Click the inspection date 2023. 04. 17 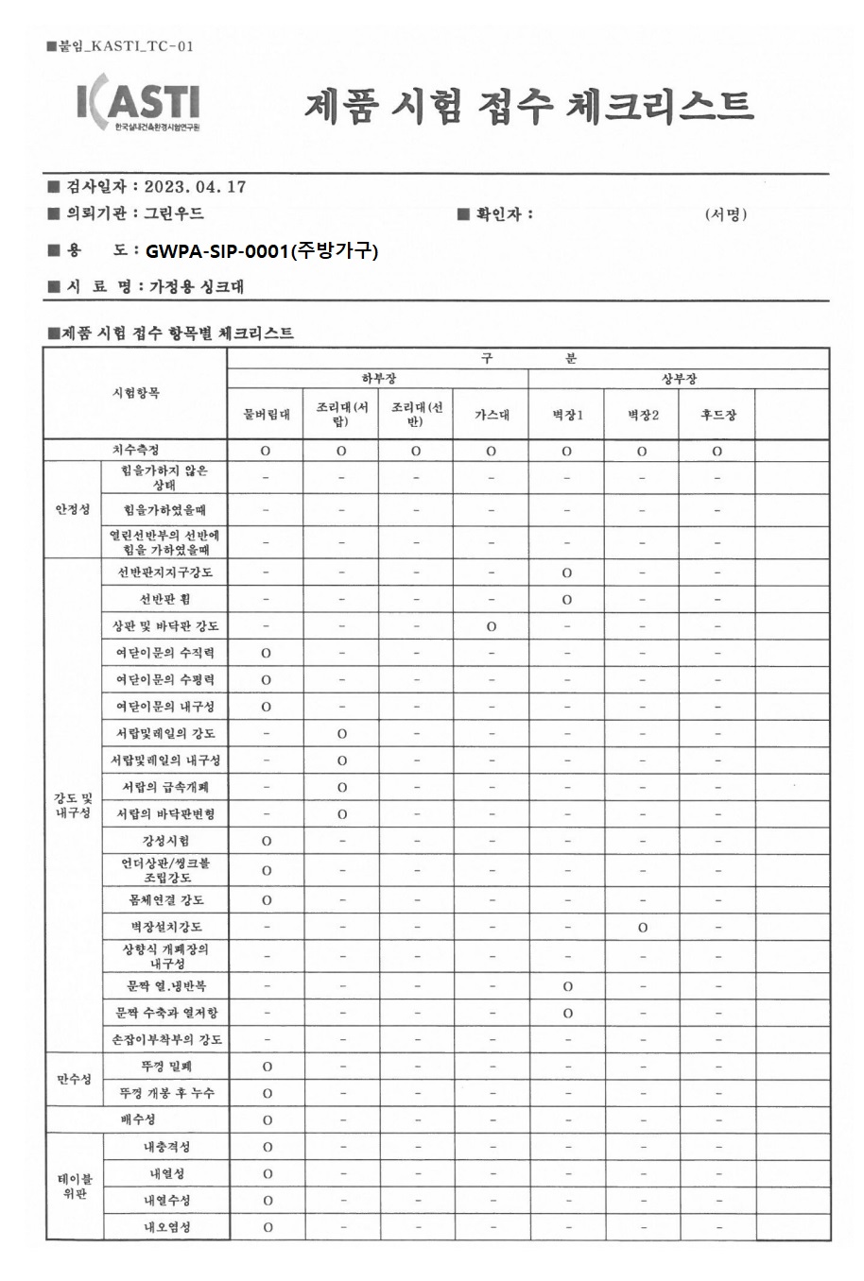coord(196,186)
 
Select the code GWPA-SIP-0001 coord(216,250)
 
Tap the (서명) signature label coord(726,214)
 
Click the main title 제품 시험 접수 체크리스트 coord(528,106)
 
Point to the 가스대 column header coord(492,414)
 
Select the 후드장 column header coord(717,414)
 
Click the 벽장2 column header coord(643,414)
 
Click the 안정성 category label coord(73,509)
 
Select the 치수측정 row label coord(136,451)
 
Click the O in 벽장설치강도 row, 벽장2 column coord(643,928)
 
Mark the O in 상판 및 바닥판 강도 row coord(492,626)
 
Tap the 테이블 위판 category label coord(73,1187)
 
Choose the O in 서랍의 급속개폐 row coord(341,787)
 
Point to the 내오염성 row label coord(166,1227)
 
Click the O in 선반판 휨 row coord(567,600)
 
